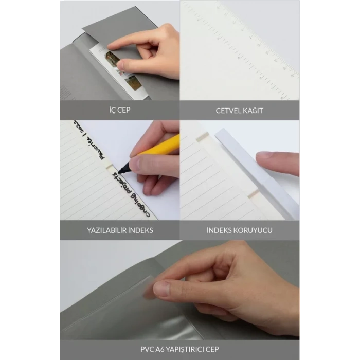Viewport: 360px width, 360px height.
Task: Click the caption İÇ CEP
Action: (x=118, y=110)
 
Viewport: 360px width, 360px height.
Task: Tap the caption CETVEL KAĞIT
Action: (x=239, y=110)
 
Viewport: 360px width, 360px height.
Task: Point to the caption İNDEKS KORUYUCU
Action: (x=240, y=230)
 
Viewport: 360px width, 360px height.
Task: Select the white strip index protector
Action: (x=257, y=170)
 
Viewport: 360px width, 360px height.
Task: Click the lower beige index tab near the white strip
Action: (x=254, y=194)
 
